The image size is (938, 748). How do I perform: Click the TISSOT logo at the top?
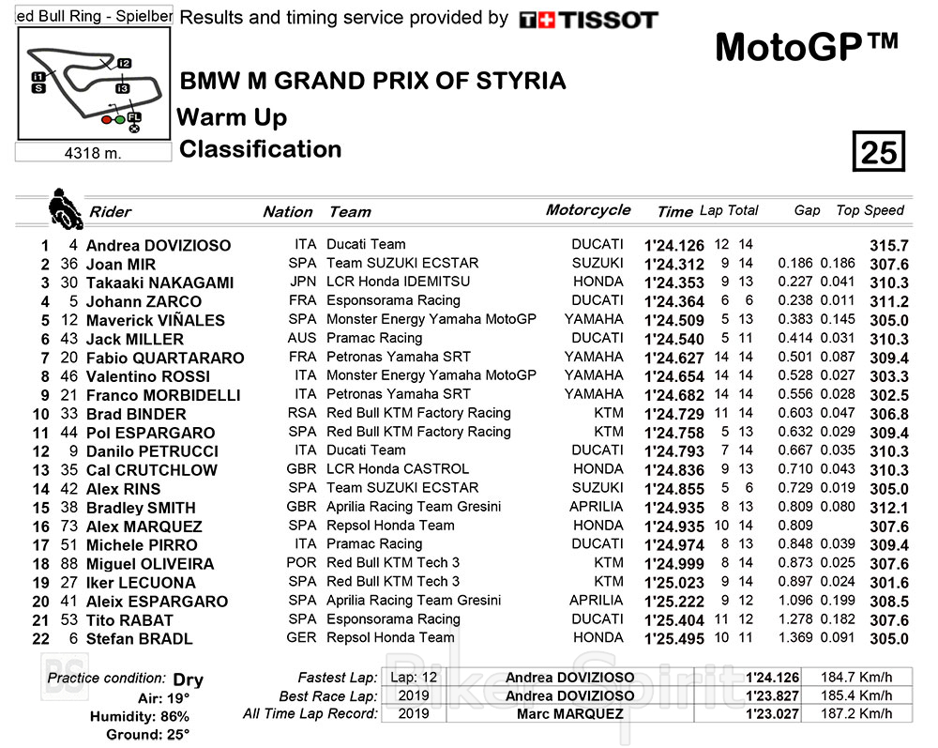coord(589,19)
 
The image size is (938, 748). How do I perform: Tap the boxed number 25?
coord(879,152)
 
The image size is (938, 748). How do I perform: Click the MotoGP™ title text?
coord(807,46)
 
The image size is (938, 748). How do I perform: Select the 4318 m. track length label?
coord(95,153)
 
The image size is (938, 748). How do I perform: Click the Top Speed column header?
coord(870,211)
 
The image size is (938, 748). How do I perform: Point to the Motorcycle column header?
coord(588,210)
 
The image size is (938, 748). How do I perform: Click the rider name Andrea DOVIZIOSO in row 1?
coord(158,246)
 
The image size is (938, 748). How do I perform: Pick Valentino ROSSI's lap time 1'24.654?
coord(674,376)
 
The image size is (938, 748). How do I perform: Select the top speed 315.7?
coord(890,246)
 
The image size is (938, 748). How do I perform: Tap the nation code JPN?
coord(302,282)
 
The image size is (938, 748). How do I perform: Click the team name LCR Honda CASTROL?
coord(398,469)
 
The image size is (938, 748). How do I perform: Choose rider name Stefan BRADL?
coord(139,639)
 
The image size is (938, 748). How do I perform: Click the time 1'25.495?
coord(674,639)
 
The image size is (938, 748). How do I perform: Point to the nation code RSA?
coord(302,413)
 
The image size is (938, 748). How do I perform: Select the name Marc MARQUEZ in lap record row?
coord(569,714)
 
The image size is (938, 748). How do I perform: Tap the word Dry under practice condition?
coord(188,679)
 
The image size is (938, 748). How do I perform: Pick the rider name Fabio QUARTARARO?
coord(165,358)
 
